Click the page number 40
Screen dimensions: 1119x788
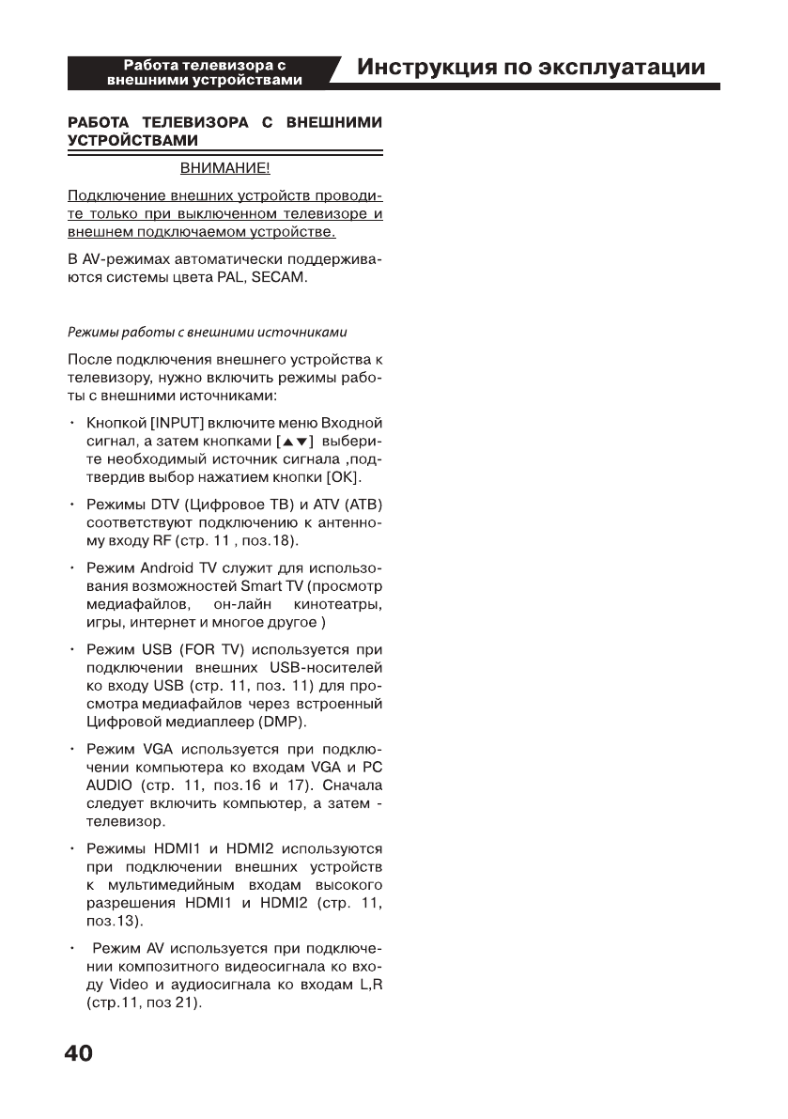(79, 1053)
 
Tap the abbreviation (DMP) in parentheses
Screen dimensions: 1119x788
(282, 722)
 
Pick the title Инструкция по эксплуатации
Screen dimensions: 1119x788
(532, 69)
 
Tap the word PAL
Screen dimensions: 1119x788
(232, 279)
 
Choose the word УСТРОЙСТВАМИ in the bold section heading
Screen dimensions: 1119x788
(132, 140)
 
